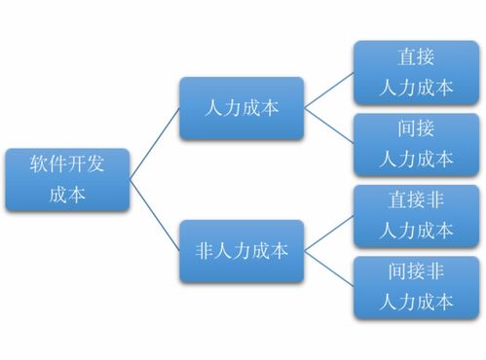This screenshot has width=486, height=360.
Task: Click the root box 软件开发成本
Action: (67, 179)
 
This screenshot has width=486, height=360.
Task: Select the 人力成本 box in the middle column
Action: (242, 108)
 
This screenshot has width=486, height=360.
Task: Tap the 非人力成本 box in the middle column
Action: (242, 251)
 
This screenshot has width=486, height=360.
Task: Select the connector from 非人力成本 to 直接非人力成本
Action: (328, 234)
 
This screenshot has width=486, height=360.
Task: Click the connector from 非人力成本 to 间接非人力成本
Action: (328, 269)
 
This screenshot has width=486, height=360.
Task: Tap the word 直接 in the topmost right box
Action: (416, 57)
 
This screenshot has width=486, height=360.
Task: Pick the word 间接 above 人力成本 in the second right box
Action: (416, 128)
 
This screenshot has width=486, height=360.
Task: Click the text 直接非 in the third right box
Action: (416, 200)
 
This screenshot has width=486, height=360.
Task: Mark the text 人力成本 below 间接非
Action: (416, 301)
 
